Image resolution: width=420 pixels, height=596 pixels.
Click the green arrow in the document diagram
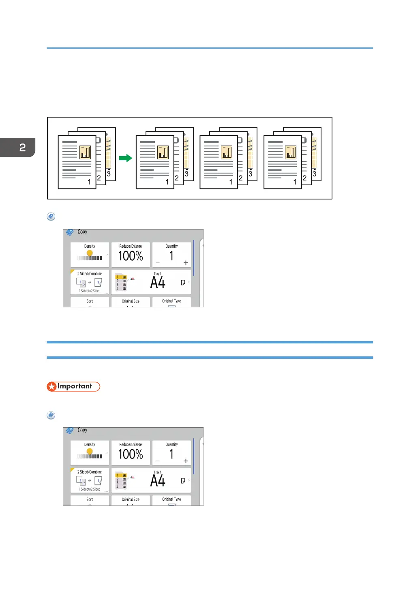[x=126, y=158]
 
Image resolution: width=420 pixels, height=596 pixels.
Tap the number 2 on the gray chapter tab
[x=22, y=148]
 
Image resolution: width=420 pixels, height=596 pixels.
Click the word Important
[x=75, y=386]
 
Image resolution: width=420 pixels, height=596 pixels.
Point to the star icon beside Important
[x=51, y=387]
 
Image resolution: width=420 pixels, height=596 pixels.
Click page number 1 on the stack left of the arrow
[x=89, y=182]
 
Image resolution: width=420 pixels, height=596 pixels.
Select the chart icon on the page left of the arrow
[x=85, y=152]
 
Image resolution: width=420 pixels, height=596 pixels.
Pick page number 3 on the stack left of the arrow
[x=109, y=174]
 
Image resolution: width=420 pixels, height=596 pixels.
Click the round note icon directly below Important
[x=51, y=415]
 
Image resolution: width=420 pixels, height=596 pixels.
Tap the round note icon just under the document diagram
[x=51, y=217]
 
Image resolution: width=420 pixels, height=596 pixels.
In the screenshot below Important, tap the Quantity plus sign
[x=186, y=461]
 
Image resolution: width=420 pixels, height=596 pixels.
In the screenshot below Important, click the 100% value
[x=131, y=454]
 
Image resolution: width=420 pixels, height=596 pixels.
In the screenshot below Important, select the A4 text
[x=158, y=481]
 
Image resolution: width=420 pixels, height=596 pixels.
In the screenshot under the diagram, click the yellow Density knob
[x=90, y=253]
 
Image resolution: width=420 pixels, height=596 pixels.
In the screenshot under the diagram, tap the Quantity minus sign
[x=158, y=263]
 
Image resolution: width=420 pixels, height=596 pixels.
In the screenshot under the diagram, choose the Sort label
[x=90, y=301]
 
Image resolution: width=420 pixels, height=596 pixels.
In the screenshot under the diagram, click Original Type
[x=171, y=301]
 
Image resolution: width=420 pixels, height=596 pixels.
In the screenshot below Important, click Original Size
[x=131, y=500]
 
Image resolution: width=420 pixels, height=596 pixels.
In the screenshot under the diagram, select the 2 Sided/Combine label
[x=90, y=274]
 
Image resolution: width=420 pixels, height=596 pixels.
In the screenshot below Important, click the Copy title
[x=82, y=430]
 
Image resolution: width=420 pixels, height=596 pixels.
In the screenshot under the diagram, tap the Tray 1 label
[x=157, y=274]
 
